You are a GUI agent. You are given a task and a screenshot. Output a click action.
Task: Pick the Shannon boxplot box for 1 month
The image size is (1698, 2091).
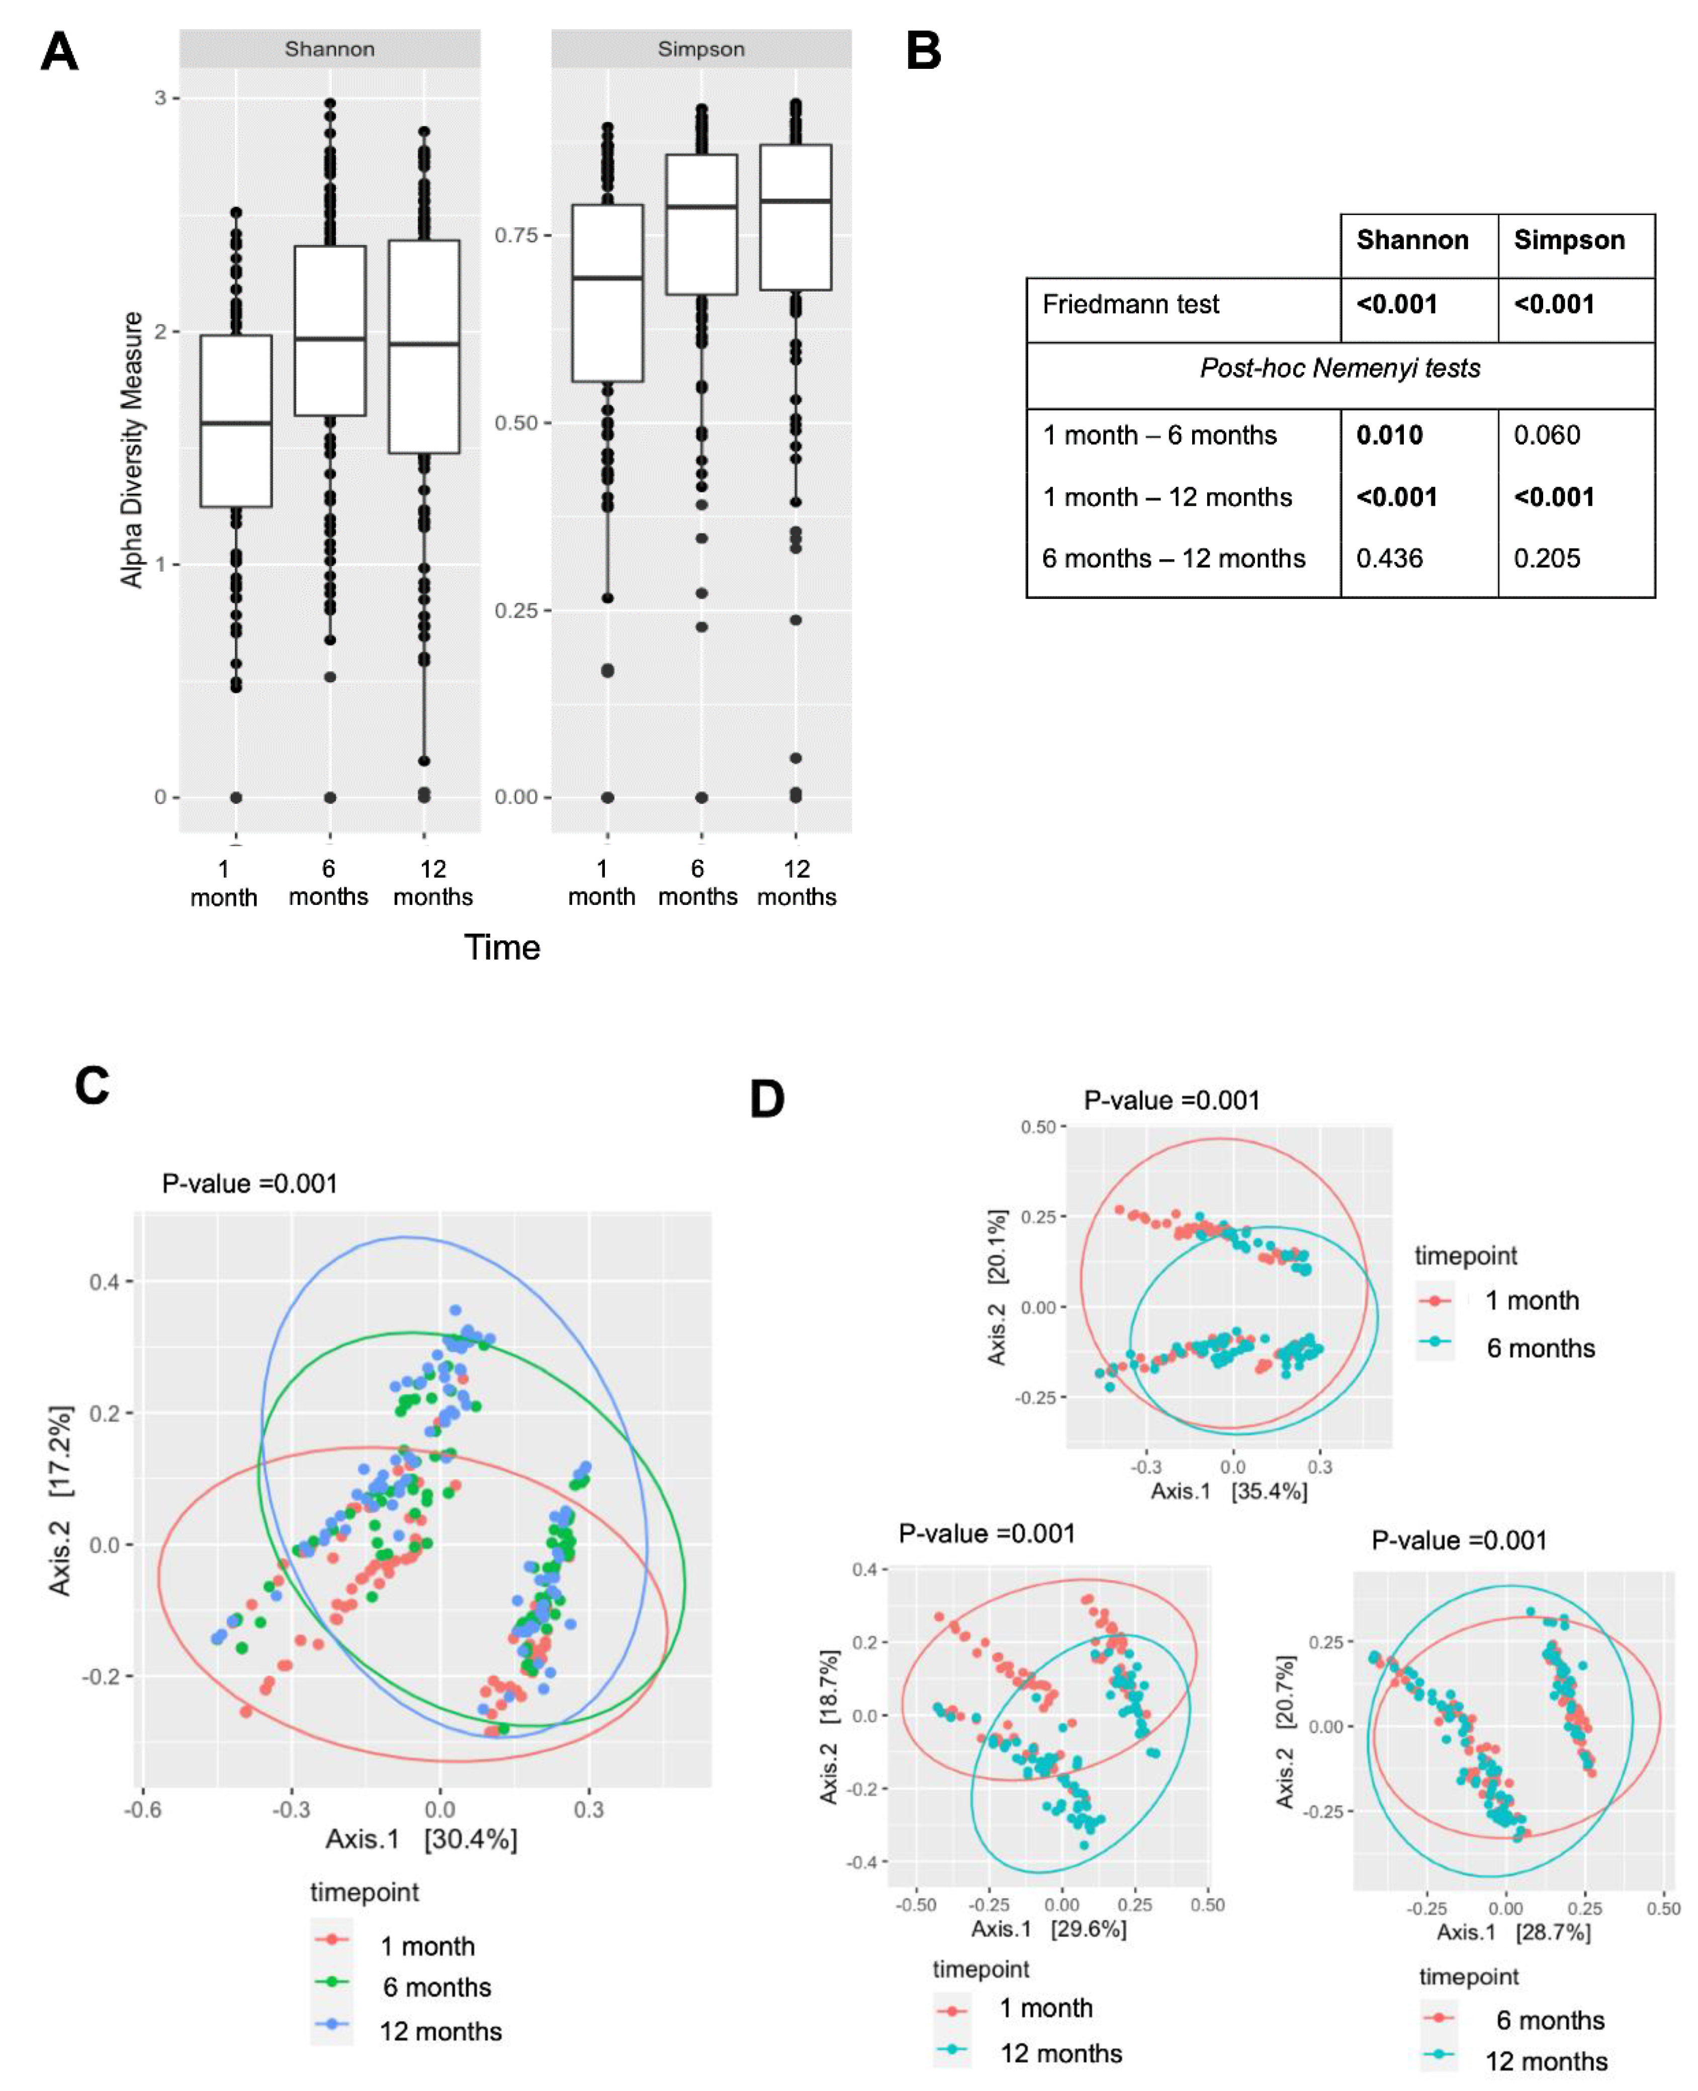tap(236, 420)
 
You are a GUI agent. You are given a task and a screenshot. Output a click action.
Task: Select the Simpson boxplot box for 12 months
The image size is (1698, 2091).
tap(795, 217)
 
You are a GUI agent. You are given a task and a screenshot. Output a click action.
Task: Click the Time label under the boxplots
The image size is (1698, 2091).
tap(502, 947)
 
